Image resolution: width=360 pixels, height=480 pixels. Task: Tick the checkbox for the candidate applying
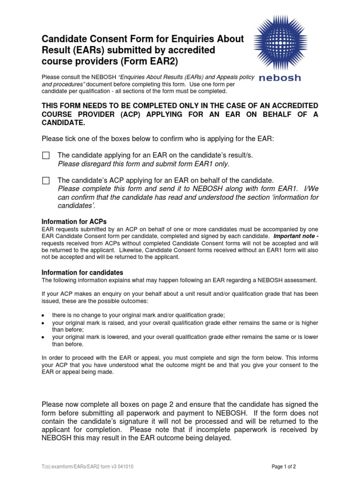pos(45,156)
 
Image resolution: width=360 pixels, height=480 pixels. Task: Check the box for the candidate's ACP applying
pos(45,180)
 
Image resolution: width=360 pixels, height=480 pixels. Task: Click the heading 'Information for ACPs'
pos(75,222)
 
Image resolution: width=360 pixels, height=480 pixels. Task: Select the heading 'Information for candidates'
pos(82,272)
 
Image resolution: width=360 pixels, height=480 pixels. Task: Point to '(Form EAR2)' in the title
pos(152,61)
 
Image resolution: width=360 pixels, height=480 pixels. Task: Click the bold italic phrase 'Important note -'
pos(295,236)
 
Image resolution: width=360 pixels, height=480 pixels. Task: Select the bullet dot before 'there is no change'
pos(44,315)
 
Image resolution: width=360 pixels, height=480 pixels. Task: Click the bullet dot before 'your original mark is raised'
pos(44,324)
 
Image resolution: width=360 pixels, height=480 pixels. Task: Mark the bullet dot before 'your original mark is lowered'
pos(44,337)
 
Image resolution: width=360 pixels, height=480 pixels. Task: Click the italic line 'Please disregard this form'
pos(143,164)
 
